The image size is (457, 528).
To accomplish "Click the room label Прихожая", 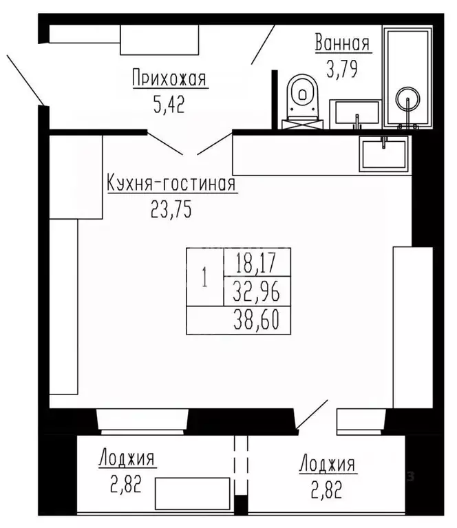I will point(169,79).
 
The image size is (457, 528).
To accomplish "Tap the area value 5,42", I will point(169,105).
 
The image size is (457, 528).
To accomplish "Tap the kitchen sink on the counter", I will point(384,153).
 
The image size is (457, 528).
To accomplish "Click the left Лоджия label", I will point(127,459).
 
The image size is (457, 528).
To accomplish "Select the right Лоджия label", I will point(327,463).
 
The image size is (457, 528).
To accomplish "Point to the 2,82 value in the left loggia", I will point(127,485).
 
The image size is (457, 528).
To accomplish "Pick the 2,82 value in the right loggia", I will point(327,490).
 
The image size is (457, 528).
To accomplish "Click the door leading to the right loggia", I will point(313,416).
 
